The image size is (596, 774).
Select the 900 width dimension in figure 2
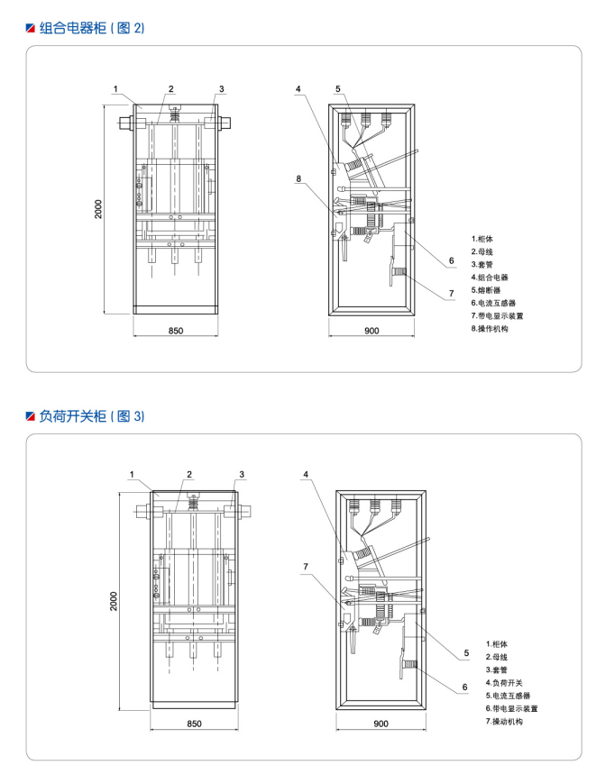371,332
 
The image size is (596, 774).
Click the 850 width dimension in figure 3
192,723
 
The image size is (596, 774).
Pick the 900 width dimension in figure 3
380,723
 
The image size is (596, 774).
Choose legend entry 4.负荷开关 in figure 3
509,683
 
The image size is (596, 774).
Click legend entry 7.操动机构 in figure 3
509,722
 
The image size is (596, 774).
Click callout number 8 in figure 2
298,178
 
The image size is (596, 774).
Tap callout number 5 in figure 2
337,88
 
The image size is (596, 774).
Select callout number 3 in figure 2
221,88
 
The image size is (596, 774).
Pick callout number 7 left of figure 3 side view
306,567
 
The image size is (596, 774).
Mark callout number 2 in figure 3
189,474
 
